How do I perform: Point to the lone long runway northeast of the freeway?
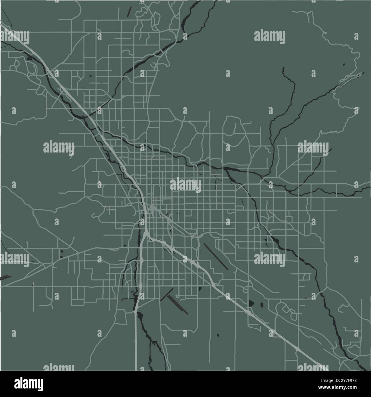216,256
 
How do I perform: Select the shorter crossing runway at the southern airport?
167,295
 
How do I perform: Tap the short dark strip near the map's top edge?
129,11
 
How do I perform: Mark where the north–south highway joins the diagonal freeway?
146,234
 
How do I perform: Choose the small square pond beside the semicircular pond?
261,304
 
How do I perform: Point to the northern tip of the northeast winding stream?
283,69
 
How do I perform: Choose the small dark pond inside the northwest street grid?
90,76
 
